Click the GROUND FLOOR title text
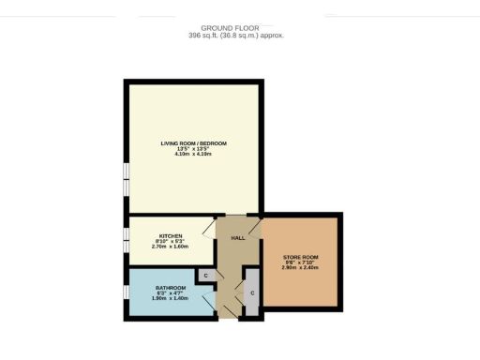(236, 27)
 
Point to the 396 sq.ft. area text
(236, 36)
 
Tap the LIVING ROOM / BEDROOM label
(193, 143)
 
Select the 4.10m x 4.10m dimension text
(193, 155)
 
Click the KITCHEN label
(171, 236)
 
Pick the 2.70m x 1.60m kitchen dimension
(171, 247)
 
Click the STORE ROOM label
(300, 256)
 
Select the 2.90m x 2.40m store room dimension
(300, 267)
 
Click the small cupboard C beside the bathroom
(205, 276)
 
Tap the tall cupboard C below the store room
(252, 293)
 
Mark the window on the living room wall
(126, 177)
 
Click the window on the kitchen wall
(126, 239)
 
